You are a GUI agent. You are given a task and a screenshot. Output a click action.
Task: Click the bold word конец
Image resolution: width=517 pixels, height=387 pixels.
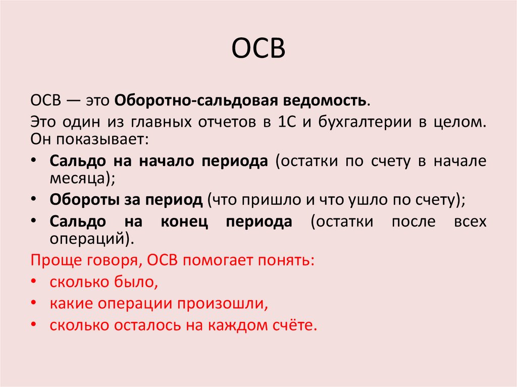(x=184, y=222)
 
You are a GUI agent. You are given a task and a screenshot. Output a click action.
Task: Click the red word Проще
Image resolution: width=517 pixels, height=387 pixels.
(x=53, y=260)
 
